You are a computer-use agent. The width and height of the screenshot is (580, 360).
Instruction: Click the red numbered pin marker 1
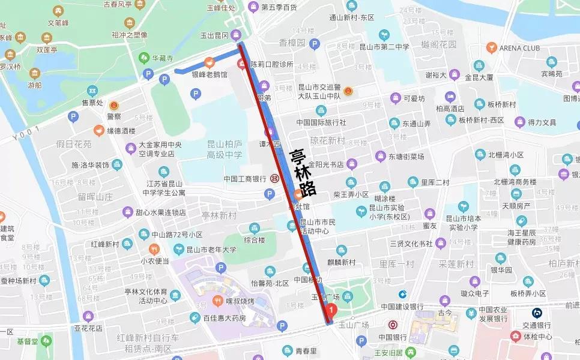point(331,310)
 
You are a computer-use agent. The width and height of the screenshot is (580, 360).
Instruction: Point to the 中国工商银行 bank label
point(244,178)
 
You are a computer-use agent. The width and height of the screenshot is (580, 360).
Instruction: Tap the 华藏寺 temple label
point(162,58)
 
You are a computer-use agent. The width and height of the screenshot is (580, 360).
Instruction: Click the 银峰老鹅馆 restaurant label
point(210,74)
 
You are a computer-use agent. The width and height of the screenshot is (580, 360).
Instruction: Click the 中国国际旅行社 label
point(321,122)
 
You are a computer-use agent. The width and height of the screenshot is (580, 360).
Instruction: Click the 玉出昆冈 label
point(214,35)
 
